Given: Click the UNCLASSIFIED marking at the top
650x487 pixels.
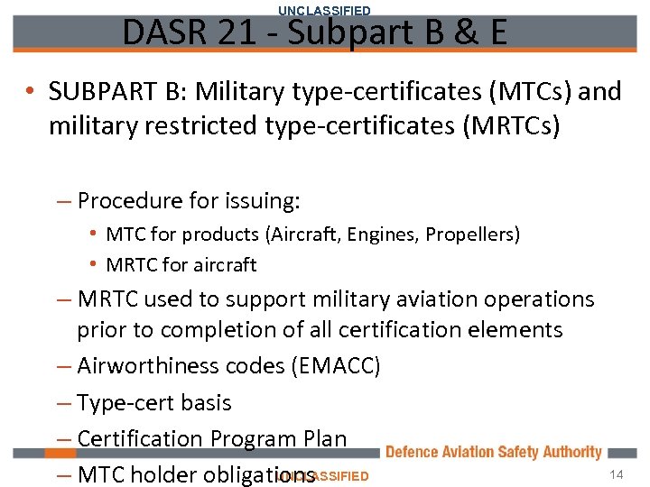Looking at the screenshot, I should (324, 10).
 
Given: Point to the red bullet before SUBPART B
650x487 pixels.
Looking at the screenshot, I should (31, 92).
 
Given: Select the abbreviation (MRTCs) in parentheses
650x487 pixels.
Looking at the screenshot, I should (510, 126).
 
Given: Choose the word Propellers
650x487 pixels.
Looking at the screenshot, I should (473, 234).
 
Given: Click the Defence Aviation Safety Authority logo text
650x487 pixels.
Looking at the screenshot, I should (493, 453).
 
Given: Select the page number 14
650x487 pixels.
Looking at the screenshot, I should (617, 475).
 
